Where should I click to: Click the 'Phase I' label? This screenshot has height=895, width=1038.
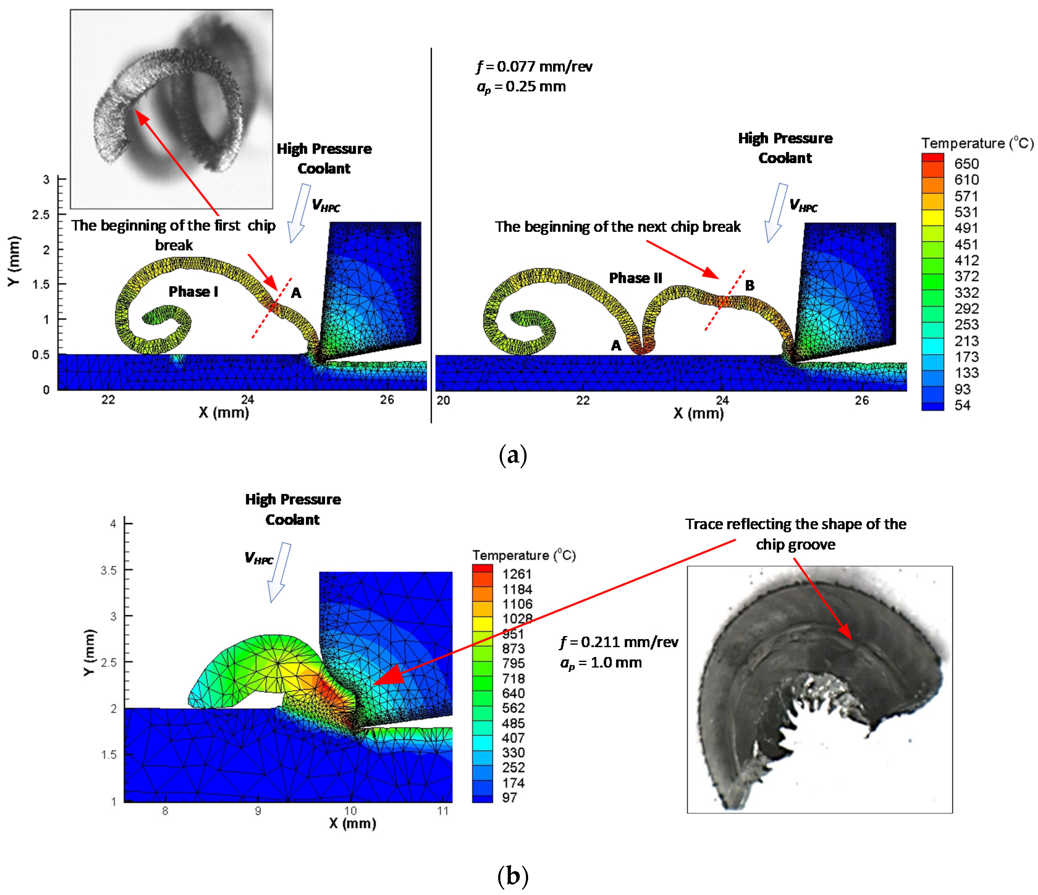(193, 291)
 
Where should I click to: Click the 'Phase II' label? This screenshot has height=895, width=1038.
(635, 278)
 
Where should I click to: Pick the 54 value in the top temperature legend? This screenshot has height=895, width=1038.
(962, 405)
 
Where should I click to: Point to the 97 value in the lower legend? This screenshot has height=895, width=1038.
(510, 797)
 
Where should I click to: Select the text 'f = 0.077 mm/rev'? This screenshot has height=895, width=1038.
(535, 67)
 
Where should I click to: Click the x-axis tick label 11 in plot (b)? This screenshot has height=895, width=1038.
(443, 811)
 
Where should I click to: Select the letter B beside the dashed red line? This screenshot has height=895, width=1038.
(750, 286)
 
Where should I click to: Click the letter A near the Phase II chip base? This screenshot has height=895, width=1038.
(616, 345)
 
